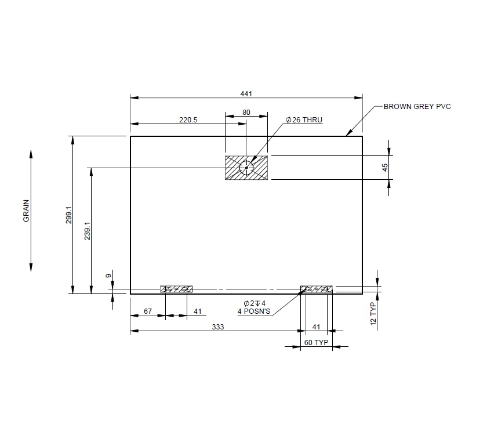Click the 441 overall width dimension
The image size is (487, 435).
click(246, 94)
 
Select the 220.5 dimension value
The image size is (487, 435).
click(188, 120)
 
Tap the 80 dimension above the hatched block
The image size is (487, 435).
click(246, 112)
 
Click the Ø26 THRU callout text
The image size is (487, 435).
click(303, 120)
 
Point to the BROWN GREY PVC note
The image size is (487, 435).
click(417, 107)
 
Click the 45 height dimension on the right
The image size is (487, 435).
click(385, 168)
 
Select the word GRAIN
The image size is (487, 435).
click(26, 211)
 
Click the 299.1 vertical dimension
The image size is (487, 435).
click(68, 215)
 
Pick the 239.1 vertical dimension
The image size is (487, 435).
click(87, 230)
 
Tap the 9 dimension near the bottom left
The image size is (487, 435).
click(108, 277)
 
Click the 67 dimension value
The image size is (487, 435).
click(148, 311)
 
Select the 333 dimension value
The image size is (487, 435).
click(217, 327)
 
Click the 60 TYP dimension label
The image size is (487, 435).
click(317, 343)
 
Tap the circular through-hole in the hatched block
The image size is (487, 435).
click(246, 168)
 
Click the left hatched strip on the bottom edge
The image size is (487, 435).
click(177, 289)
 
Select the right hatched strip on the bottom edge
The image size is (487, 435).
click(317, 289)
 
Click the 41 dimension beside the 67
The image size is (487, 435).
click(198, 311)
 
